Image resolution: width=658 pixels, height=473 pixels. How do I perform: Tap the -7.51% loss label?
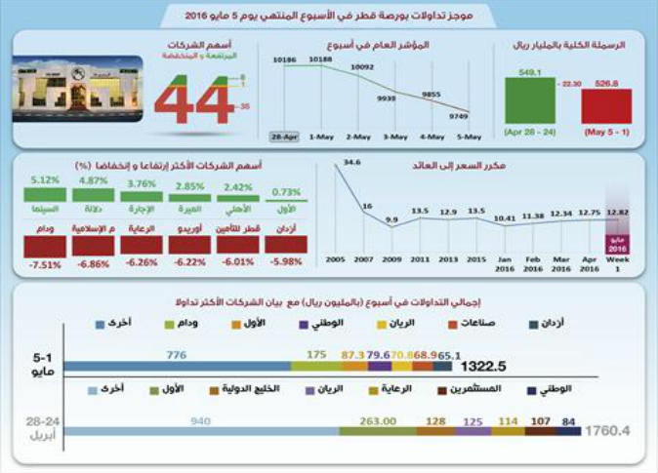pyautogui.click(x=45, y=262)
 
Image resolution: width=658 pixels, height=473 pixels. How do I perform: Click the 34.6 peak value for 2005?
pyautogui.click(x=352, y=162)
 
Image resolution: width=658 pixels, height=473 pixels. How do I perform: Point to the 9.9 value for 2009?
pyautogui.click(x=392, y=221)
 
